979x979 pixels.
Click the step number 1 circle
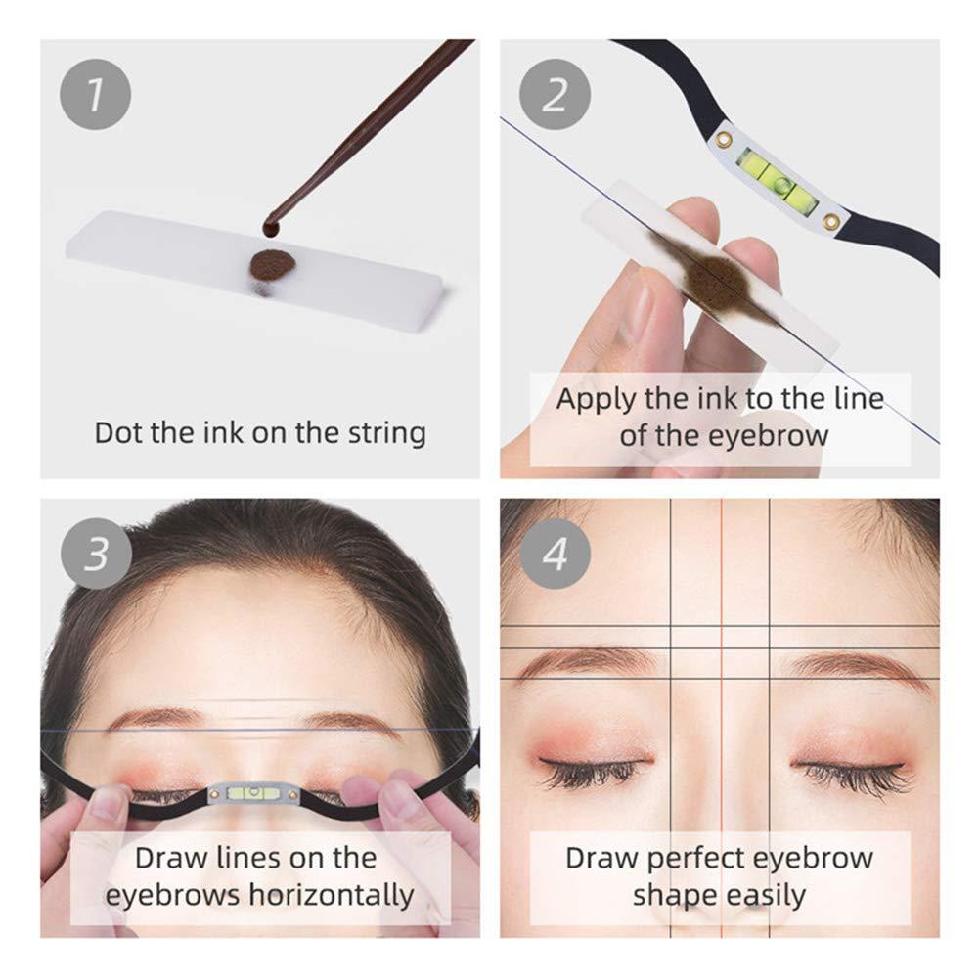(x=95, y=95)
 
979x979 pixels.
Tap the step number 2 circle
(x=555, y=95)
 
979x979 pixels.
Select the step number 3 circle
(x=95, y=555)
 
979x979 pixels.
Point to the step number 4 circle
(x=555, y=555)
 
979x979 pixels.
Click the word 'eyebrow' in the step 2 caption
(x=775, y=434)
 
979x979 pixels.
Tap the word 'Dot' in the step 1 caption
(x=118, y=432)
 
